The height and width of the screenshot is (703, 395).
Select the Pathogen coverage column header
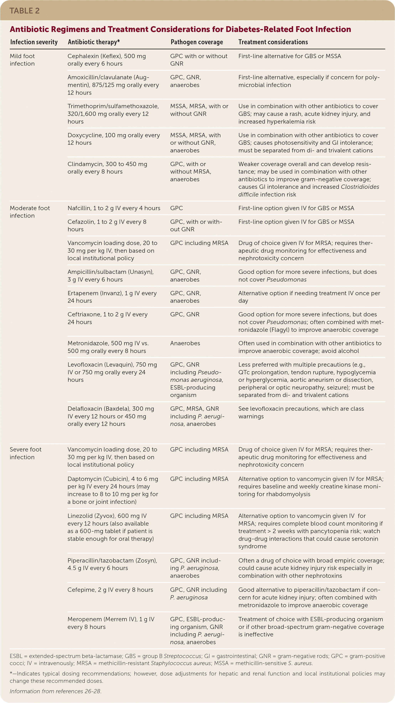click(197, 42)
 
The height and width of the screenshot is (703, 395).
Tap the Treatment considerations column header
click(273, 42)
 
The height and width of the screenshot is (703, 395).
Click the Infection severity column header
click(34, 42)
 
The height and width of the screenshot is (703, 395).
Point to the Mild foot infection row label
click(22, 60)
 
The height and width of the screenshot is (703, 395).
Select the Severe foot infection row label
click(25, 453)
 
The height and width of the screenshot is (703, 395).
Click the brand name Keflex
click(111, 56)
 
